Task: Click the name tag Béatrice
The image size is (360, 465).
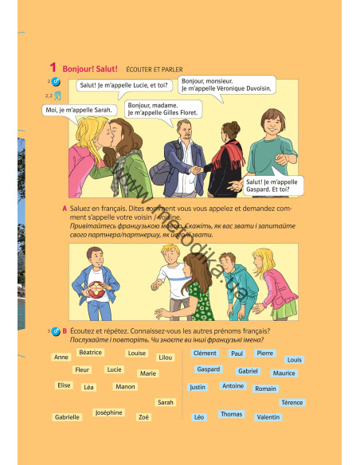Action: pyautogui.click(x=91, y=352)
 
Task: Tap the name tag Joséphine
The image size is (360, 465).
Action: pyautogui.click(x=108, y=412)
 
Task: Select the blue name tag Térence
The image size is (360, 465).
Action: pyautogui.click(x=292, y=403)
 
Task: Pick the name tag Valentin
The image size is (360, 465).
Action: pyautogui.click(x=268, y=417)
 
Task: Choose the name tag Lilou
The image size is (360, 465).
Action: pyautogui.click(x=166, y=358)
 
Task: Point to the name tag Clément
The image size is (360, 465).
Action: pyautogui.click(x=205, y=353)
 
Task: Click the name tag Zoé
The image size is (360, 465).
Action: pyautogui.click(x=143, y=417)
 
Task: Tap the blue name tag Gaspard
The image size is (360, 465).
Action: pyautogui.click(x=209, y=369)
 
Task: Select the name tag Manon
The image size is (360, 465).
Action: pyautogui.click(x=125, y=386)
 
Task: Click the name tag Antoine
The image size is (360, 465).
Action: pyautogui.click(x=233, y=386)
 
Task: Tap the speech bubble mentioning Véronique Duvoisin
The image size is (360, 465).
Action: pyautogui.click(x=226, y=84)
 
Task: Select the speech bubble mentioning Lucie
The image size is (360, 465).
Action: pyautogui.click(x=123, y=84)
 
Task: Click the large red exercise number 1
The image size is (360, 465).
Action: pyautogui.click(x=53, y=68)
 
